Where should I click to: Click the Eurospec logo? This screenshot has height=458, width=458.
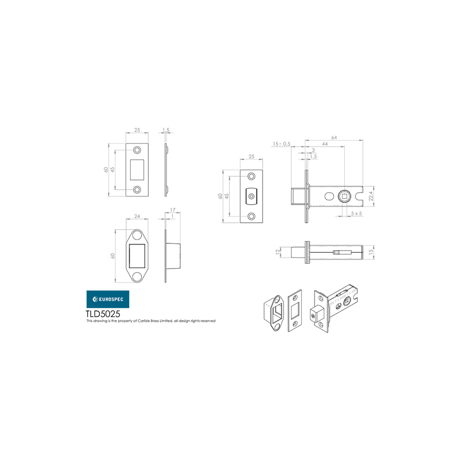coord(108,299)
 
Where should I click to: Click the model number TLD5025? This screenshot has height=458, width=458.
coord(103,314)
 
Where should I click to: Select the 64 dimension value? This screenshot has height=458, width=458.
coord(334,137)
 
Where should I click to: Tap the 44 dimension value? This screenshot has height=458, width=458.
coord(325,144)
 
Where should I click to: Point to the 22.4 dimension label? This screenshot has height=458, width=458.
coord(371,196)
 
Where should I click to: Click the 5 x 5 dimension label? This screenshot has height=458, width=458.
coord(356,213)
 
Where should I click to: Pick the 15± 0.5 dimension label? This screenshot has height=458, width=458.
coord(282,144)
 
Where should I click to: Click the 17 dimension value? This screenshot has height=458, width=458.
coord(173,210)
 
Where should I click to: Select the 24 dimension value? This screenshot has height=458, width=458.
coord(137,216)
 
